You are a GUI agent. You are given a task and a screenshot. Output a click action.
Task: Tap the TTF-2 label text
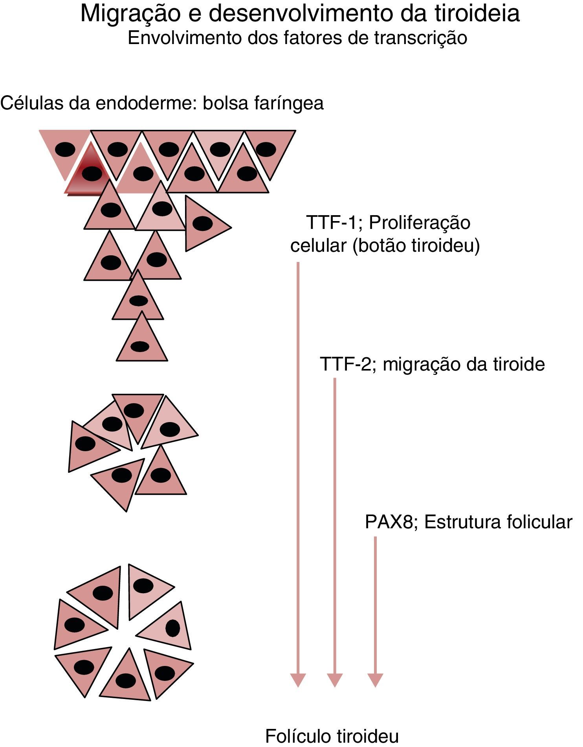click(x=345, y=364)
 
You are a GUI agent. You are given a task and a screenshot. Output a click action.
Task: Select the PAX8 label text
click(x=389, y=522)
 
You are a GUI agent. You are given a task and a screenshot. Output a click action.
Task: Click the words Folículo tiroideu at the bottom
click(x=332, y=736)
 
